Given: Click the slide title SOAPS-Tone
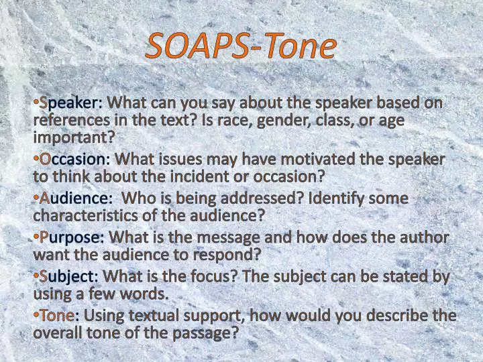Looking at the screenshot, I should pyautogui.click(x=241, y=46).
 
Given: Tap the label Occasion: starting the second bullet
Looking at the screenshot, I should pyautogui.click(x=74, y=160).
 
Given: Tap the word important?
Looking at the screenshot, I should pyautogui.click(x=74, y=137).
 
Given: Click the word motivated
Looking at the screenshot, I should pyautogui.click(x=303, y=160).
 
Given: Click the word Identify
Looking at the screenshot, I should pyautogui.click(x=334, y=198).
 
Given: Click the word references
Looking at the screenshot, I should pyautogui.click(x=72, y=120).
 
